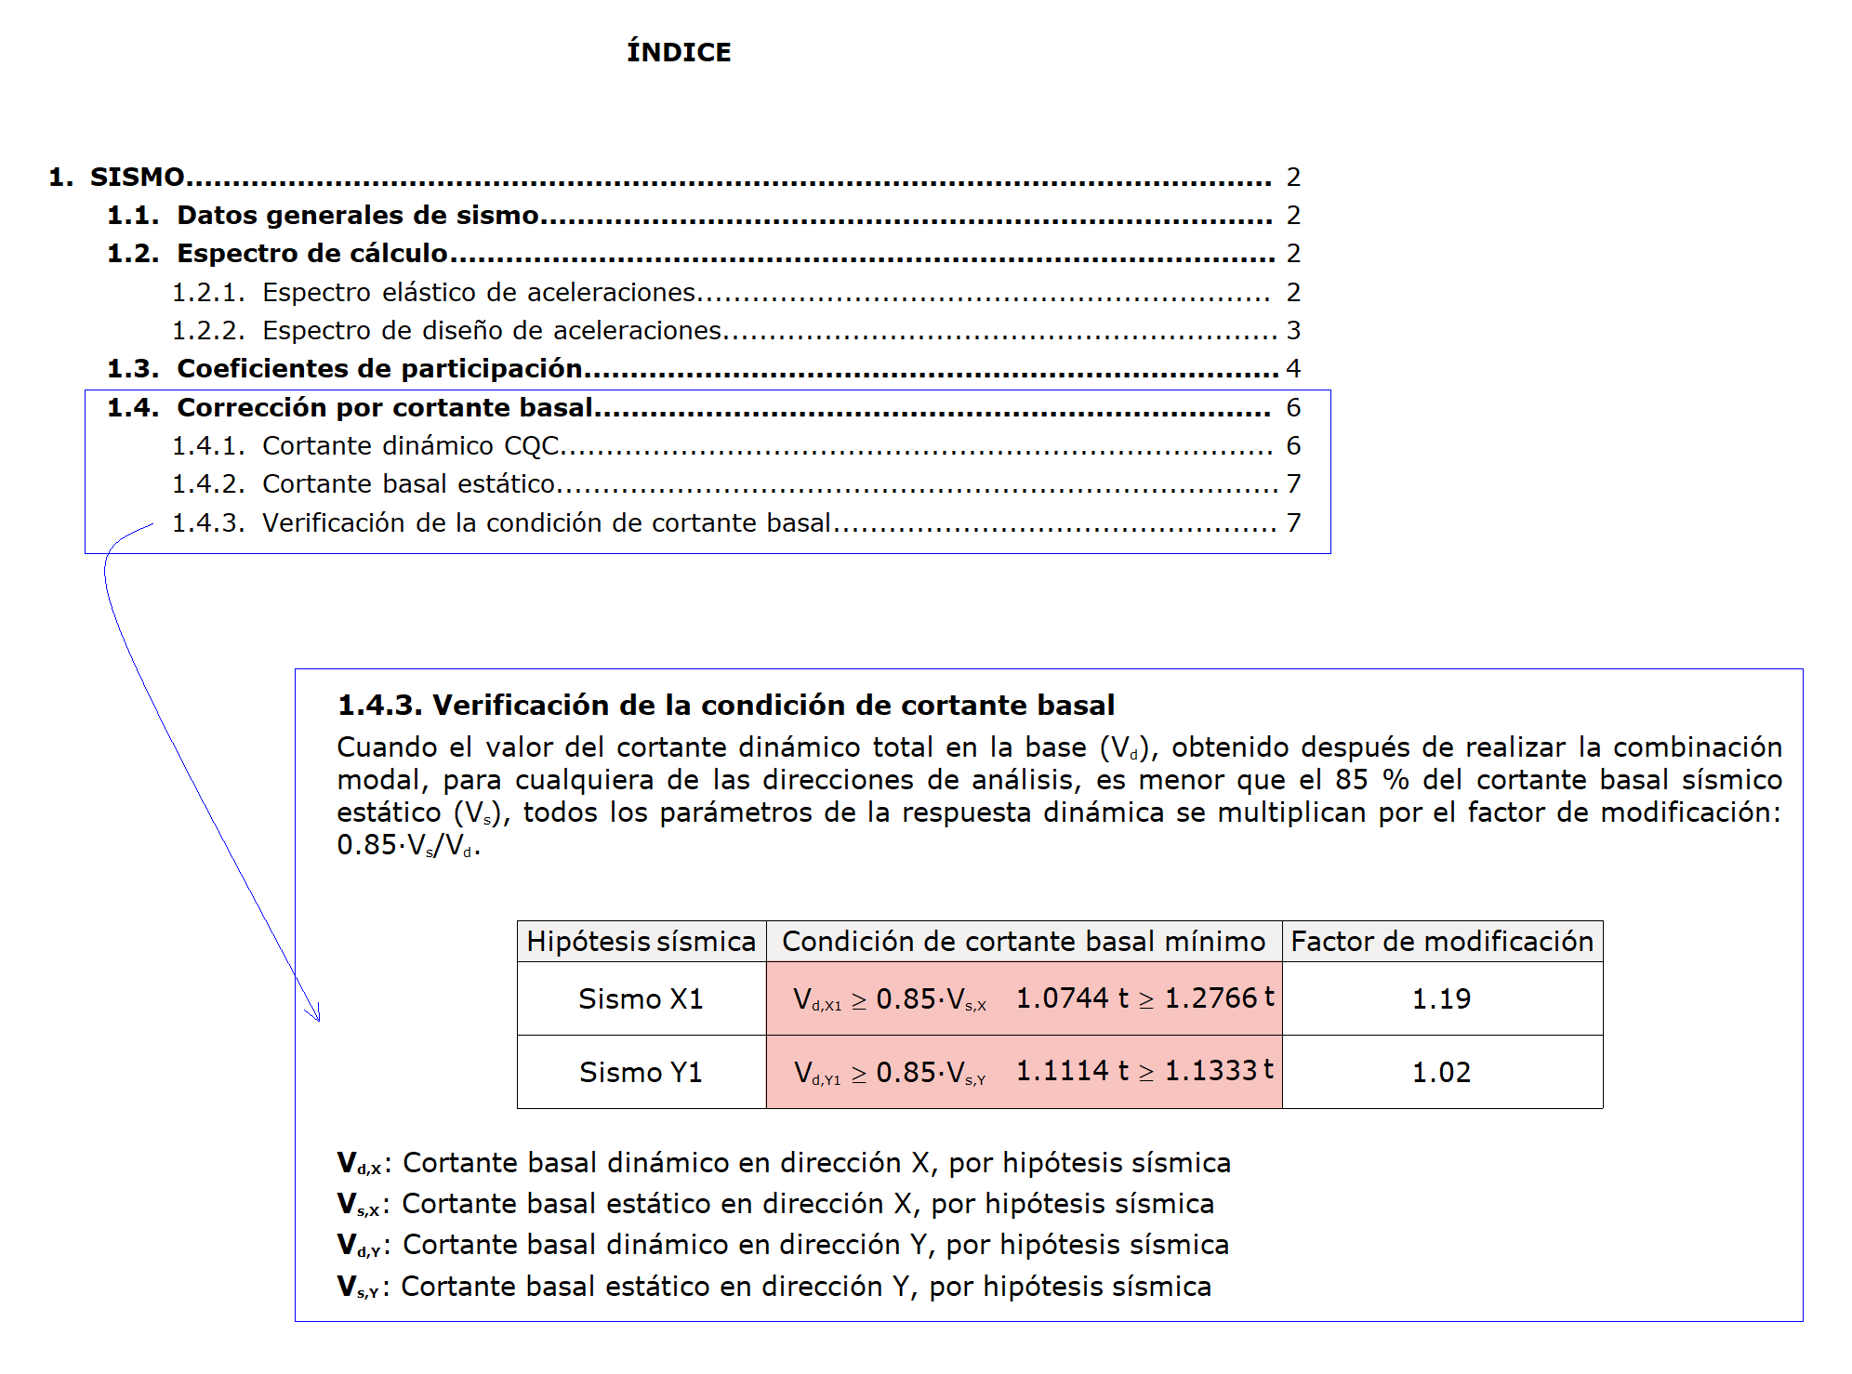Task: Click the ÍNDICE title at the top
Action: click(679, 52)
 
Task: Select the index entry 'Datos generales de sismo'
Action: click(358, 215)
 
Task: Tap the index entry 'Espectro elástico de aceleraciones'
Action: click(478, 292)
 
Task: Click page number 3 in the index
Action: click(1293, 330)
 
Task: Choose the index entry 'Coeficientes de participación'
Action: click(379, 368)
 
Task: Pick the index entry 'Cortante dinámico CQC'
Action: click(410, 445)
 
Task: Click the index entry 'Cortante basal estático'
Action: click(408, 483)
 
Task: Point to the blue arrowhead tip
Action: click(319, 1020)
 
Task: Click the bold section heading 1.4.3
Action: click(725, 705)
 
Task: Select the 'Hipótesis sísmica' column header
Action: click(641, 941)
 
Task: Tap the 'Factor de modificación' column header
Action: click(1442, 941)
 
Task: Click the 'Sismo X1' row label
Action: click(641, 998)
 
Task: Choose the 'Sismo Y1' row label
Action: click(641, 1072)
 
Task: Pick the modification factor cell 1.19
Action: click(1441, 998)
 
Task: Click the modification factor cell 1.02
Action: click(1441, 1072)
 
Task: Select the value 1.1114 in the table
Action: click(1063, 1070)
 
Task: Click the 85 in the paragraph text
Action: click(1351, 779)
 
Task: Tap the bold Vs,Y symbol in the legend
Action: click(357, 1287)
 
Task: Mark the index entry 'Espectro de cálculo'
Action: click(312, 253)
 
